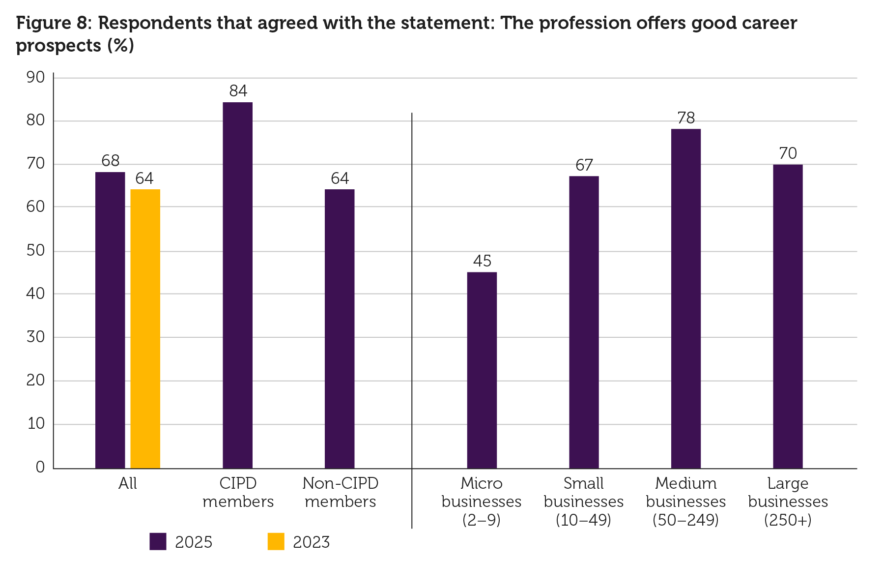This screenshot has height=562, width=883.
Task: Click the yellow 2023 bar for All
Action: (x=145, y=328)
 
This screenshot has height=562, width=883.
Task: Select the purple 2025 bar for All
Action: (x=110, y=320)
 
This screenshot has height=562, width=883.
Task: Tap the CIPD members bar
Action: (x=237, y=285)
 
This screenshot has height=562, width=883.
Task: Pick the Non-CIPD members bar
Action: (x=340, y=328)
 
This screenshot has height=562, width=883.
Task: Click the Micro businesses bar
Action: (x=482, y=370)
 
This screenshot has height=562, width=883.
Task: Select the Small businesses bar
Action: (x=584, y=322)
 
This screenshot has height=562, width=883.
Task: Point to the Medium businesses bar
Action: (x=685, y=298)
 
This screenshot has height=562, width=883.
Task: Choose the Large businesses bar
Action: (x=788, y=316)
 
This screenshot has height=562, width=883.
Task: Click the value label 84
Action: (x=238, y=91)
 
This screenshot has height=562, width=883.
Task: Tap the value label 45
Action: (x=482, y=261)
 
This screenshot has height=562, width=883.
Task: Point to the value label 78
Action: (x=686, y=118)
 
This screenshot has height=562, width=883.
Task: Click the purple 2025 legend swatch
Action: (x=158, y=541)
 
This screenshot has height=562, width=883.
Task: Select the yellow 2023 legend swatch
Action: (x=276, y=541)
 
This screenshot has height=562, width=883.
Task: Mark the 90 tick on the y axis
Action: (x=36, y=78)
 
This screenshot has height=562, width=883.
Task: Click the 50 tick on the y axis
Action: (x=36, y=251)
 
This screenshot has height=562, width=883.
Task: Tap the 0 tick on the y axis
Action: (x=40, y=467)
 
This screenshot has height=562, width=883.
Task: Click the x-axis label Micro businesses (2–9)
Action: (x=482, y=502)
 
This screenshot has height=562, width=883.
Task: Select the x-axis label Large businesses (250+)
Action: (x=788, y=502)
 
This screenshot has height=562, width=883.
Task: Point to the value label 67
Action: (x=584, y=165)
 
